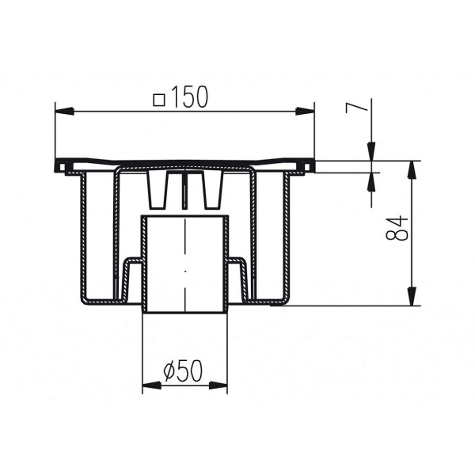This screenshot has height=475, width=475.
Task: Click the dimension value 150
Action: [x=190, y=97]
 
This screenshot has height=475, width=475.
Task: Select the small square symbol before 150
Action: [x=159, y=99]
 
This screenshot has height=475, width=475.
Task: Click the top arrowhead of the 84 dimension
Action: [x=412, y=168]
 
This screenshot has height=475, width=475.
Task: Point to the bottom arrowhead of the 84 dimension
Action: [x=412, y=298]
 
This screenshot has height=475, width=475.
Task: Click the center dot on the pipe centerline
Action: [x=185, y=271]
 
